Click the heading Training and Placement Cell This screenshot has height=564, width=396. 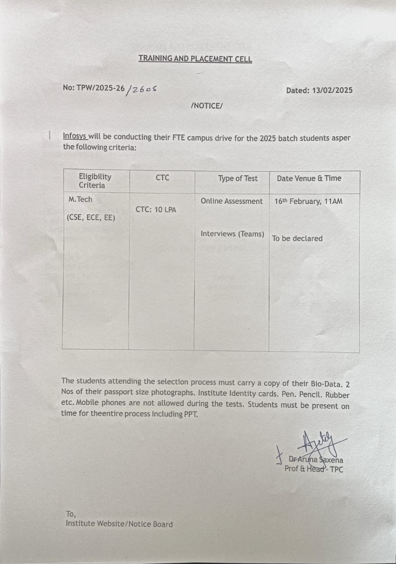pyautogui.click(x=195, y=58)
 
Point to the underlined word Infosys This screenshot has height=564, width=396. pyautogui.click(x=74, y=137)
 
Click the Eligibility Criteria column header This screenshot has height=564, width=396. pyautogui.click(x=95, y=181)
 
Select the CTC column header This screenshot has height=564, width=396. pyautogui.click(x=162, y=178)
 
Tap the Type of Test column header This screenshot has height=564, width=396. pyautogui.click(x=238, y=178)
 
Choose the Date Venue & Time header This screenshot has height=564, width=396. pyautogui.click(x=309, y=178)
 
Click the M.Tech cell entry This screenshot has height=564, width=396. pyautogui.click(x=81, y=199)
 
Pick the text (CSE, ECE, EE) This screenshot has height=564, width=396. pyautogui.click(x=91, y=217)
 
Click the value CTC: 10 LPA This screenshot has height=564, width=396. pyautogui.click(x=155, y=210)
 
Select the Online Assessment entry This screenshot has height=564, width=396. pyautogui.click(x=231, y=201)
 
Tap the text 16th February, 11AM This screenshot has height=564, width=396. pyautogui.click(x=308, y=201)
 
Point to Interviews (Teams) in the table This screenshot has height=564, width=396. pyautogui.click(x=232, y=234)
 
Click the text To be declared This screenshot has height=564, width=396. pyautogui.click(x=297, y=238)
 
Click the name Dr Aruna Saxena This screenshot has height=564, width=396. pyautogui.click(x=316, y=460)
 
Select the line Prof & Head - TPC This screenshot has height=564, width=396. pyautogui.click(x=314, y=469)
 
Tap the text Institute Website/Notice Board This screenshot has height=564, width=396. pyautogui.click(x=119, y=524)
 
